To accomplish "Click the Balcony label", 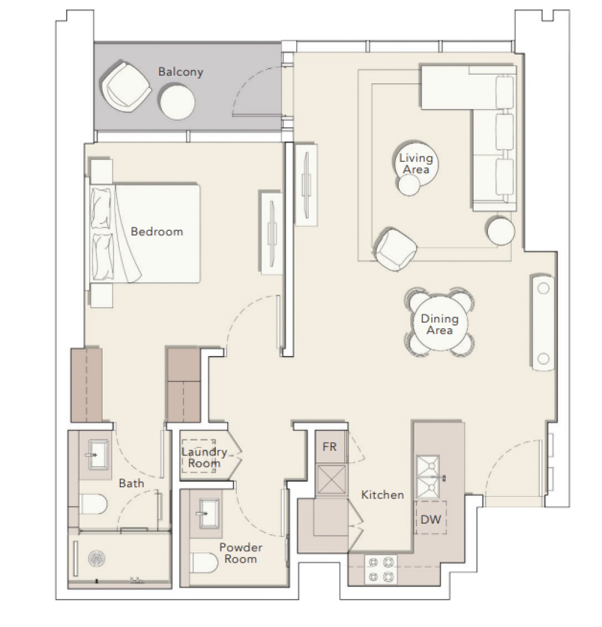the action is click(180, 72).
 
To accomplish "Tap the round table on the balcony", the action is click(177, 101).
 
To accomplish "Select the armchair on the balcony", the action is click(126, 87).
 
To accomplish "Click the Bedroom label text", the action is click(157, 231).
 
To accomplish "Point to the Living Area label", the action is click(417, 164).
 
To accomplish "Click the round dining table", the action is click(439, 323).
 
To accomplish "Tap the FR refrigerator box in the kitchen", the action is click(330, 447).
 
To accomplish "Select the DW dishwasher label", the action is click(431, 519).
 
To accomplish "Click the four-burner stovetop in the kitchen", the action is click(381, 569).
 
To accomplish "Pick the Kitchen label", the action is click(383, 495).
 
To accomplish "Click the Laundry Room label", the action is click(204, 458).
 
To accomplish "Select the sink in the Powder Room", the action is click(205, 514).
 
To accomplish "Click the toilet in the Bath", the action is click(93, 504).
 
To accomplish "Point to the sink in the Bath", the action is click(98, 455).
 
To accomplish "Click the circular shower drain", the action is click(96, 558).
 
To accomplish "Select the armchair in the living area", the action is click(395, 249).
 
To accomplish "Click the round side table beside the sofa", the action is click(500, 231).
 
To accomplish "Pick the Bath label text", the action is click(131, 483).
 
